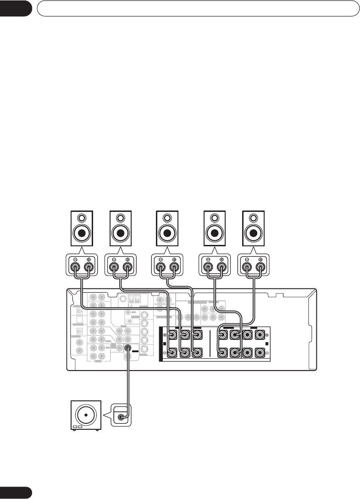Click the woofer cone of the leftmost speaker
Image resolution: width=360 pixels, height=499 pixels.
[81, 233]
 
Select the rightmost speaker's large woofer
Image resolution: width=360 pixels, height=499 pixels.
[254, 233]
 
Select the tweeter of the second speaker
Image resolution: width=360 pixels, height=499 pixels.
[120, 218]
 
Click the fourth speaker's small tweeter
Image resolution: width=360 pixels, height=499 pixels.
[215, 218]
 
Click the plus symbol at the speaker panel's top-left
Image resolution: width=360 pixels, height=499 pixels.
[164, 335]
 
